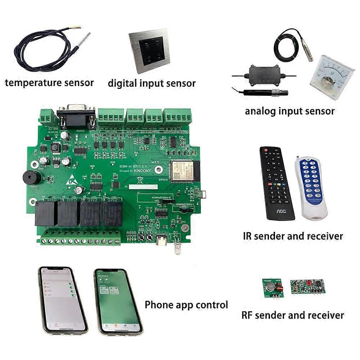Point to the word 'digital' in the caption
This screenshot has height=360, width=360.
tap(122, 84)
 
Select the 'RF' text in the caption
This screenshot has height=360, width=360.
tap(247, 315)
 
